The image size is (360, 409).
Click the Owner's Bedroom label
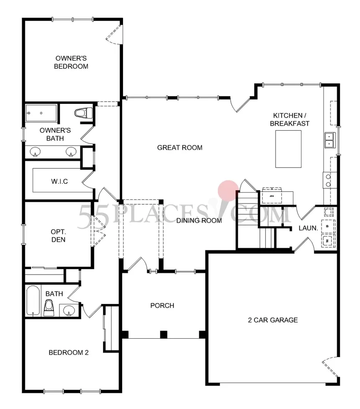72,62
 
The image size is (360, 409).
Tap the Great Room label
180,147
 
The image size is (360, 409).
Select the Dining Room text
199,221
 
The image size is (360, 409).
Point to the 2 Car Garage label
273,320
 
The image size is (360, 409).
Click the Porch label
162,306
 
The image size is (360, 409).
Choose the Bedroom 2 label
69,352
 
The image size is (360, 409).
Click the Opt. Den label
58,236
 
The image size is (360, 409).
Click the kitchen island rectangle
288,149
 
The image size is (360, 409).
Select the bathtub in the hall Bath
33,300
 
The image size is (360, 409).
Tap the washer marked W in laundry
327,241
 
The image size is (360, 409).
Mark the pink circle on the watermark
228,190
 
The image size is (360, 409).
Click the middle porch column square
164,334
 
